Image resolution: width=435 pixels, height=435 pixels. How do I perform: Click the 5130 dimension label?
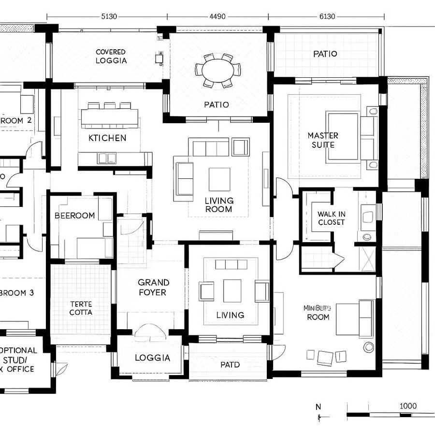click(109, 16)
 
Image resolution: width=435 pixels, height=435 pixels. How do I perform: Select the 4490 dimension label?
click(217, 16)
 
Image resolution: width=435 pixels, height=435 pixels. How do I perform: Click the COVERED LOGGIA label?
click(111, 56)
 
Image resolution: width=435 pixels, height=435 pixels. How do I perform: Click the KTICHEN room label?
click(107, 138)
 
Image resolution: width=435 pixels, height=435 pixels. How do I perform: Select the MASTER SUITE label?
click(323, 140)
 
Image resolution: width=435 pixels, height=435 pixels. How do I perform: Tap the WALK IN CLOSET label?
click(331, 218)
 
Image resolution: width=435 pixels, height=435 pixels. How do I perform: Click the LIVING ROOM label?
click(219, 204)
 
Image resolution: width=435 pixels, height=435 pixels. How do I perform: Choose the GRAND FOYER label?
click(153, 287)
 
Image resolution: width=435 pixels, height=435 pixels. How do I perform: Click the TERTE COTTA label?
click(81, 308)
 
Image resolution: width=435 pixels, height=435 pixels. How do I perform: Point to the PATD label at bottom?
click(230, 364)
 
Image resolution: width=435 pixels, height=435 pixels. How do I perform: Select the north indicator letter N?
click(318, 406)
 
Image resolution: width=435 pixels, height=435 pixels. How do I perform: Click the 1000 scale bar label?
click(408, 406)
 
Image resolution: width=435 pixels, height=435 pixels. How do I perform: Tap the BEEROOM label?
click(74, 216)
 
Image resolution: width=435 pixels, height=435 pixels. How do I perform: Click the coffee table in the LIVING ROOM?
click(219, 179)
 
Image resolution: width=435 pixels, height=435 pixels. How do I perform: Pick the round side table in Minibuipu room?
click(369, 347)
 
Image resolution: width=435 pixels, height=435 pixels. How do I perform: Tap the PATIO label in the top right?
click(325, 54)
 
